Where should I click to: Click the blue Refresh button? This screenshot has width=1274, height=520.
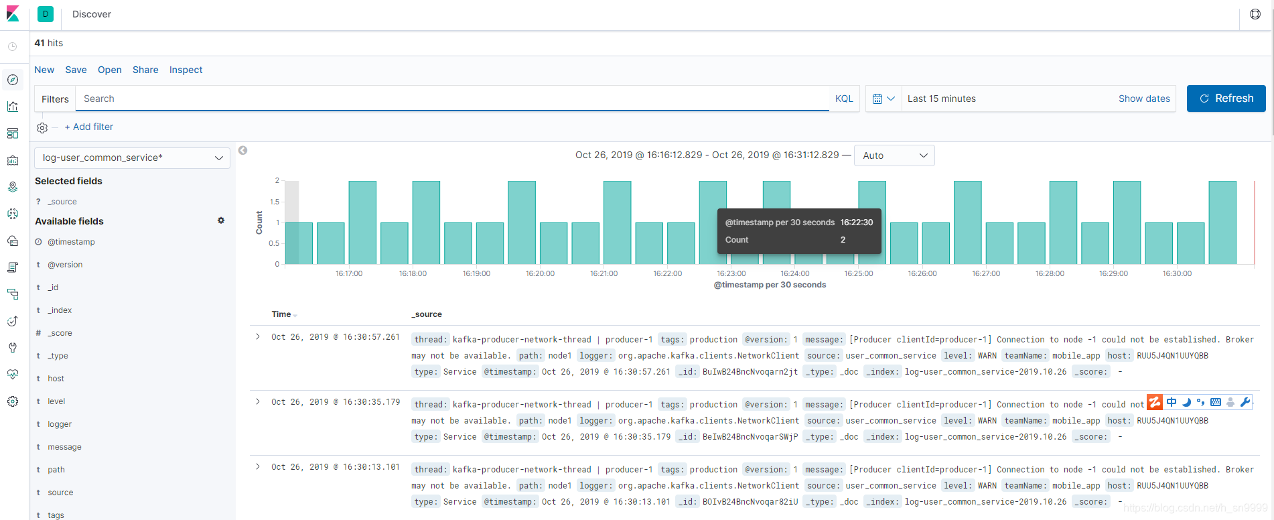[1226, 99]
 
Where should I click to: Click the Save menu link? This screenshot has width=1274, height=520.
[76, 70]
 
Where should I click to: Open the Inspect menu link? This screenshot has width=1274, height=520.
[186, 70]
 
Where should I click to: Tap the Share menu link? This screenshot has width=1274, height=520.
[145, 70]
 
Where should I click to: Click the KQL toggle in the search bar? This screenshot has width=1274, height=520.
[844, 99]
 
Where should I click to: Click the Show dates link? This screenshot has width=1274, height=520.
[1144, 99]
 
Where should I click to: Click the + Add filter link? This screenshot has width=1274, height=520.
[89, 127]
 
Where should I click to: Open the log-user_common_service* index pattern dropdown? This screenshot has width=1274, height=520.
[132, 157]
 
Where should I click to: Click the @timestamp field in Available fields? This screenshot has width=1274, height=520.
[71, 242]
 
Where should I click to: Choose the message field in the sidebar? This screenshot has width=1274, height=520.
[64, 447]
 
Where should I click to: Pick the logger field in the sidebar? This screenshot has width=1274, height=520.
[60, 424]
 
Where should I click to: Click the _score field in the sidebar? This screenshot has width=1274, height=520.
[60, 333]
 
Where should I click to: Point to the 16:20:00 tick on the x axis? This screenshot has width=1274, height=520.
[540, 273]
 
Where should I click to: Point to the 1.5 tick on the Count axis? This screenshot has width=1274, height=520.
[275, 202]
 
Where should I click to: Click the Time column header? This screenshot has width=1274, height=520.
[281, 314]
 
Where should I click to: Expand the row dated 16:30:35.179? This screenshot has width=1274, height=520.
[258, 401]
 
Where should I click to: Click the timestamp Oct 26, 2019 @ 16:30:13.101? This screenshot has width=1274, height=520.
[336, 467]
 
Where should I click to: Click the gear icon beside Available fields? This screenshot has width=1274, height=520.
[221, 220]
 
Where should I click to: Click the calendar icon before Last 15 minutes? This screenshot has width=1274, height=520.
[877, 99]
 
